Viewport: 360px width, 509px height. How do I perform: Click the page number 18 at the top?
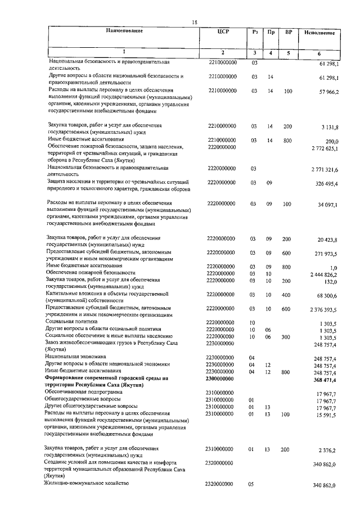coord(194,22)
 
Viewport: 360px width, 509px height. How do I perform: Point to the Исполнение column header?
coord(321,33)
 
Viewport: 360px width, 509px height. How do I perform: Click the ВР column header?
coord(288,31)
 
